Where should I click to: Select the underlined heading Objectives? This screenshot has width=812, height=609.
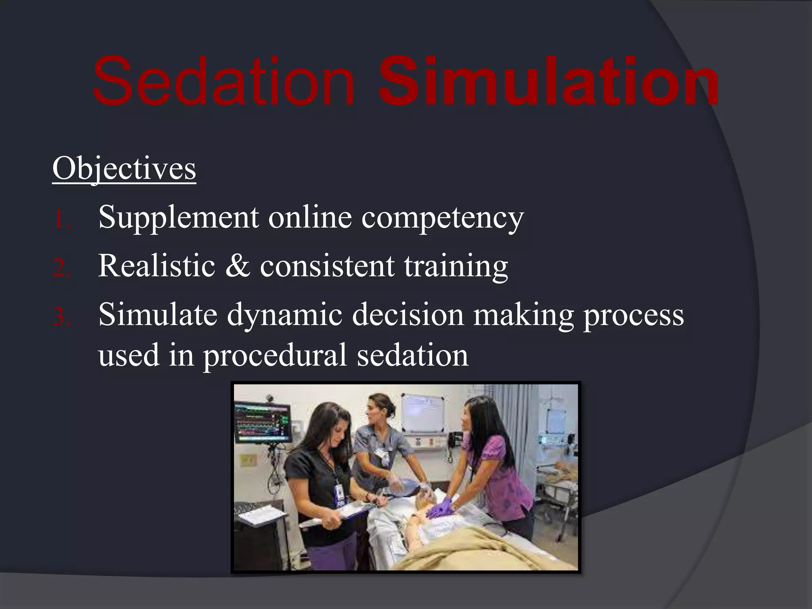tap(124, 169)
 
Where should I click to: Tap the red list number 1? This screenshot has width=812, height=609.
tap(61, 219)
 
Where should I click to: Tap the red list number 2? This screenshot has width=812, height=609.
tap(61, 268)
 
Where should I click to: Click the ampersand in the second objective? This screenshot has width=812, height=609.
tap(237, 266)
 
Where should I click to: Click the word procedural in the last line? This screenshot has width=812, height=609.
tap(275, 356)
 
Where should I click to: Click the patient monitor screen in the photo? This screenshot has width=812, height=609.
tap(262, 423)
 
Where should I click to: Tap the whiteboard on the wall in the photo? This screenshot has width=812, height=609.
tap(423, 413)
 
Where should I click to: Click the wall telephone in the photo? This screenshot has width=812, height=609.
tap(453, 439)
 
